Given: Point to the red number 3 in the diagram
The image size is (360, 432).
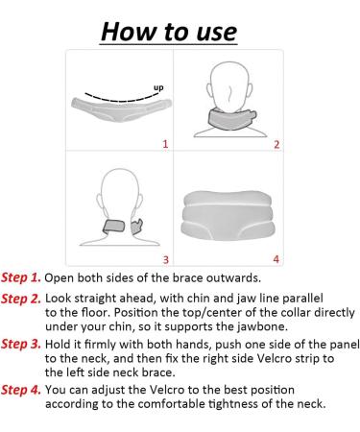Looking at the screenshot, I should coord(164,258).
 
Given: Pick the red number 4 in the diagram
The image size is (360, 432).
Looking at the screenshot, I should coord(276,258).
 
